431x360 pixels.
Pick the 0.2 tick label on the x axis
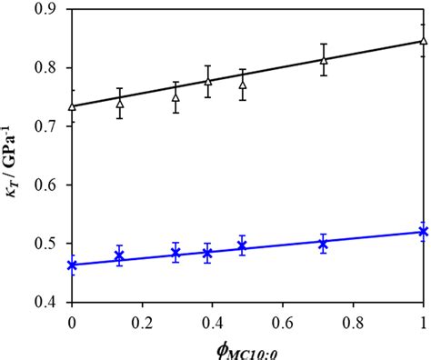coord(142,321)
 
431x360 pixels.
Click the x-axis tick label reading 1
coord(424,321)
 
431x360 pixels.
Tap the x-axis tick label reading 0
coord(72,321)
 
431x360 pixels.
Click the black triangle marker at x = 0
coord(72,106)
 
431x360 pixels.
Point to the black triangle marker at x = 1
coord(424,41)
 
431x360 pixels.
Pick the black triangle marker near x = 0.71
coord(323,60)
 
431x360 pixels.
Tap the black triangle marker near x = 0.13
coord(119,103)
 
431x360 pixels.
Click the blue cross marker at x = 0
coord(72,265)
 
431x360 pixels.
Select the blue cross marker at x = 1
coord(424,232)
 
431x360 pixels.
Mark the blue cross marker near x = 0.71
coord(323,243)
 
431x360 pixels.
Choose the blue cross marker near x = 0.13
coord(119,257)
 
